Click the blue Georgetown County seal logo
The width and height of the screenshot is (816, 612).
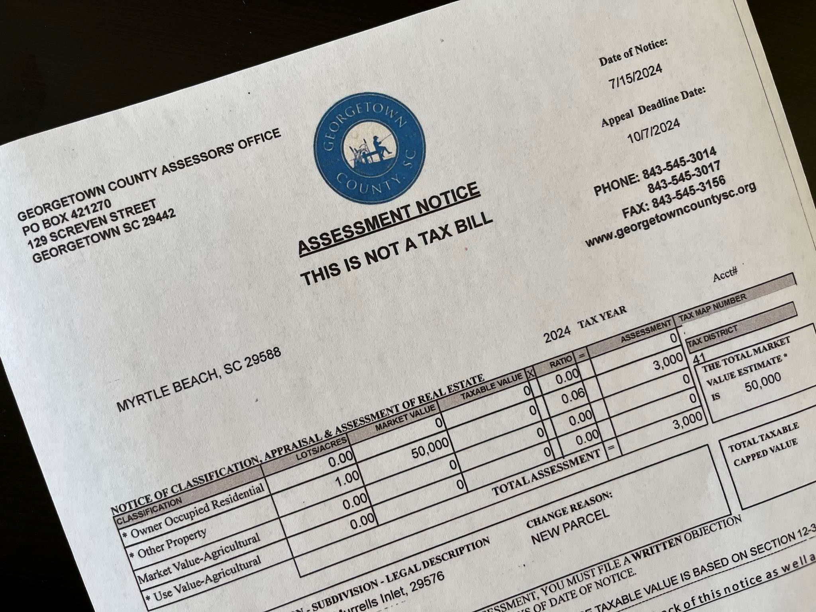pos(369,148)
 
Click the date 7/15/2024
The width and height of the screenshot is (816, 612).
pos(635,76)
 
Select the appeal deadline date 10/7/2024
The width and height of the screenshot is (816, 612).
pos(653,131)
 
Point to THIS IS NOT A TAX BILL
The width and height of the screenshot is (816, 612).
pos(396,249)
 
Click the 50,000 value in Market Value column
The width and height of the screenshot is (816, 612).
pos(430,449)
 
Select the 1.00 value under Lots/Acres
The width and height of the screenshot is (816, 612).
pos(347,478)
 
